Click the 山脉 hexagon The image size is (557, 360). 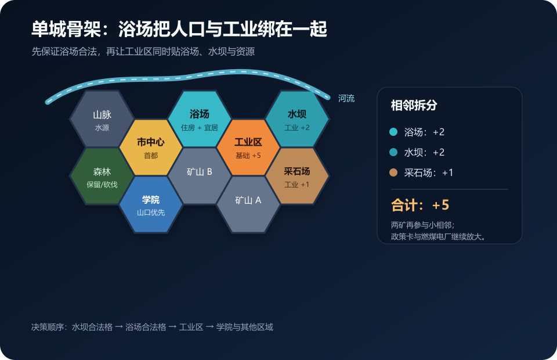(102, 119)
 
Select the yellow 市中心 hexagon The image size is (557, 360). (151, 147)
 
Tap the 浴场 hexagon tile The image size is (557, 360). (199, 119)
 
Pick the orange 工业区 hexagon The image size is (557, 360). (248, 147)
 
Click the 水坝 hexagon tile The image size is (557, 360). (297, 119)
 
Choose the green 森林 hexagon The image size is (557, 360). (102, 177)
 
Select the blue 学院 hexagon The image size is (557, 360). (151, 205)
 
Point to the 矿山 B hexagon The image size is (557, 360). (199, 177)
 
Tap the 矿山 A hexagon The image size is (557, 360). (248, 205)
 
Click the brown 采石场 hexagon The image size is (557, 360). (297, 177)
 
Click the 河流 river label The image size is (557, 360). (346, 99)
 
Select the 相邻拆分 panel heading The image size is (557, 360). (414, 105)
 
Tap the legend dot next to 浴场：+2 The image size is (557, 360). (393, 132)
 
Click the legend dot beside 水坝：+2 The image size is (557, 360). (393, 152)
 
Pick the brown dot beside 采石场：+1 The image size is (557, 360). (393, 172)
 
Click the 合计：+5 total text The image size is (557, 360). (420, 205)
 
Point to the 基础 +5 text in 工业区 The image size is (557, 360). (248, 155)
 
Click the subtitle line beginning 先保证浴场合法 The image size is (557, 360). (143, 52)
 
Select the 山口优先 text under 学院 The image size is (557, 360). (151, 213)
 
